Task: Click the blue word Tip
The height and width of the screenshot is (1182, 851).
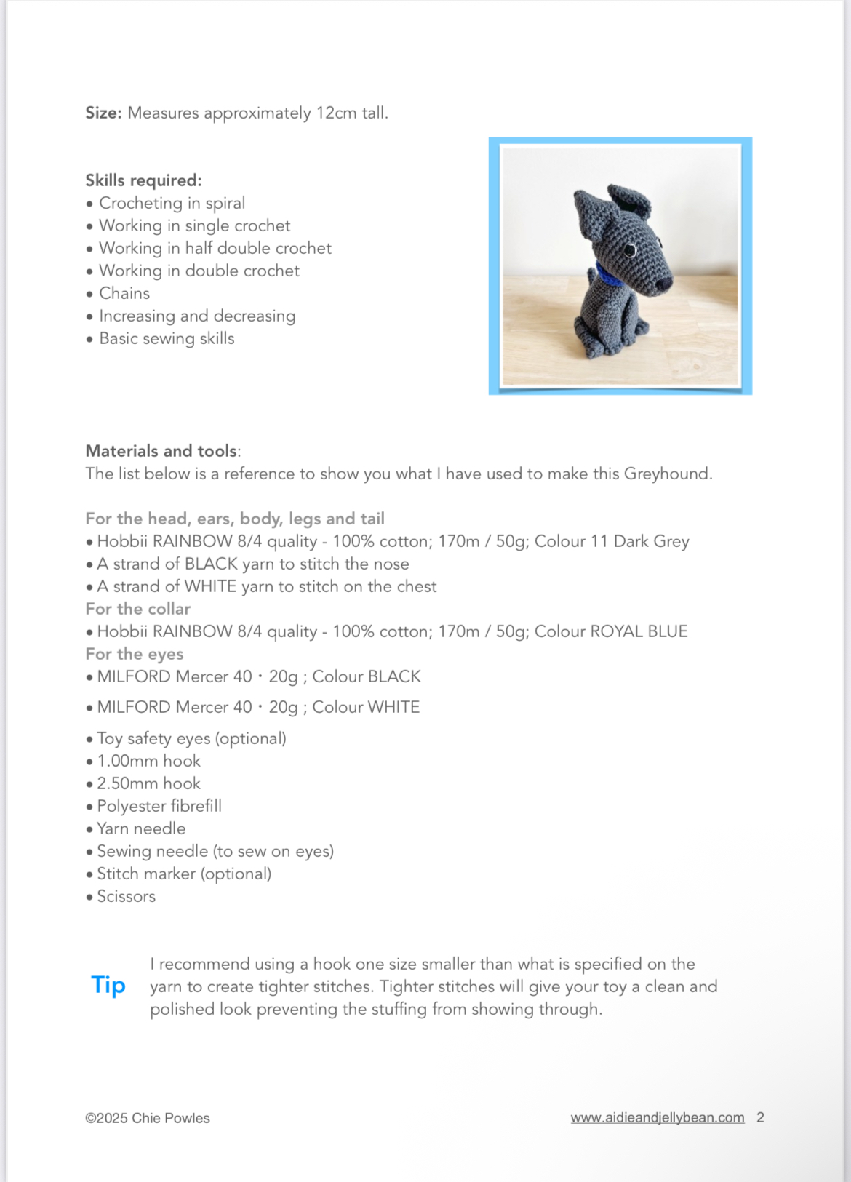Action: [108, 985]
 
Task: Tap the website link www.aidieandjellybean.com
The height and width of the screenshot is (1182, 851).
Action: [657, 1117]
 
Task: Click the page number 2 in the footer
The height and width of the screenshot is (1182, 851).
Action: [760, 1117]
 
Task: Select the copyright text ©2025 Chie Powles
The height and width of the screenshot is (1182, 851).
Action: [148, 1118]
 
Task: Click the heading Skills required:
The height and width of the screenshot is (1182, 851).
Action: [143, 180]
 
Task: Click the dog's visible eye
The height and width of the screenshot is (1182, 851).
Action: [629, 251]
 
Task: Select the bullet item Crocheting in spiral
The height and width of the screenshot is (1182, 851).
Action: [172, 203]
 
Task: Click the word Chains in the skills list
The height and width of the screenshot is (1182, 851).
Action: [124, 293]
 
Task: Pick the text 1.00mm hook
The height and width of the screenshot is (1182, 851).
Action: [148, 761]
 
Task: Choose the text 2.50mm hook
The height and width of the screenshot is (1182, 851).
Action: [148, 783]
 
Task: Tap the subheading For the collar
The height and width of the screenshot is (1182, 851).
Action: [138, 609]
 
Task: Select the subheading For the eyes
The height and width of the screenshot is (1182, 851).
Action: [135, 654]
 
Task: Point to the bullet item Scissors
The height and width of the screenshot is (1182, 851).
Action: [126, 896]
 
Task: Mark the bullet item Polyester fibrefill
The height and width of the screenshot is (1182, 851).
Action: [159, 806]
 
